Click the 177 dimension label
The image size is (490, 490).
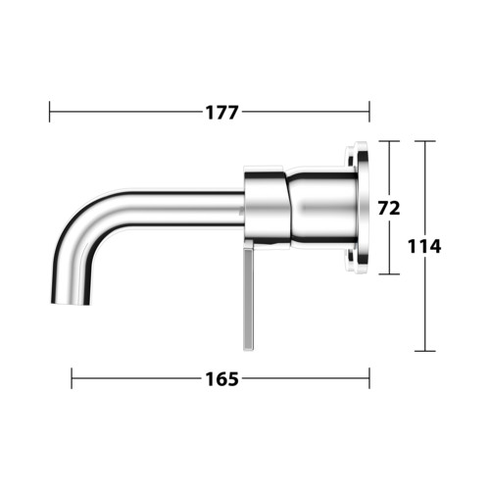coord(221,113)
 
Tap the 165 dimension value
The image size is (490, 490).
coord(221,379)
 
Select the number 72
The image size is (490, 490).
coord(389,208)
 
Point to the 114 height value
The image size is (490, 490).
coord(424,247)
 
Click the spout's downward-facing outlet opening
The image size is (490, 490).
coord(71,304)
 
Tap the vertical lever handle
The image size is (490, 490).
coord(249,296)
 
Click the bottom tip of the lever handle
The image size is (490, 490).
coord(249,351)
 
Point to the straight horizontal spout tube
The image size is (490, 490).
coord(183,208)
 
